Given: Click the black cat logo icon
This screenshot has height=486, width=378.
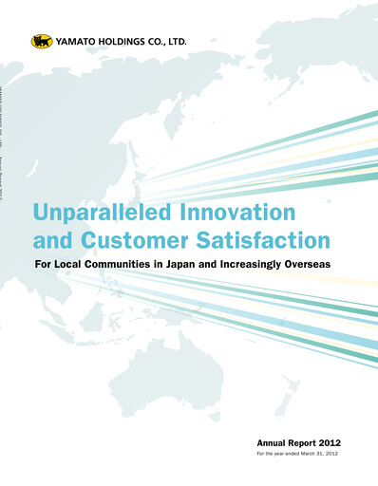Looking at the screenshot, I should tap(41, 41).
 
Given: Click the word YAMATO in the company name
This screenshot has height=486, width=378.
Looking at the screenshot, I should tap(76, 41).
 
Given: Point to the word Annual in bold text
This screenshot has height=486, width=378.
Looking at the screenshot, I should tap(274, 443).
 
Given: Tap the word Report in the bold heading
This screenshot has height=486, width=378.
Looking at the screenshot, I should tap(302, 443).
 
